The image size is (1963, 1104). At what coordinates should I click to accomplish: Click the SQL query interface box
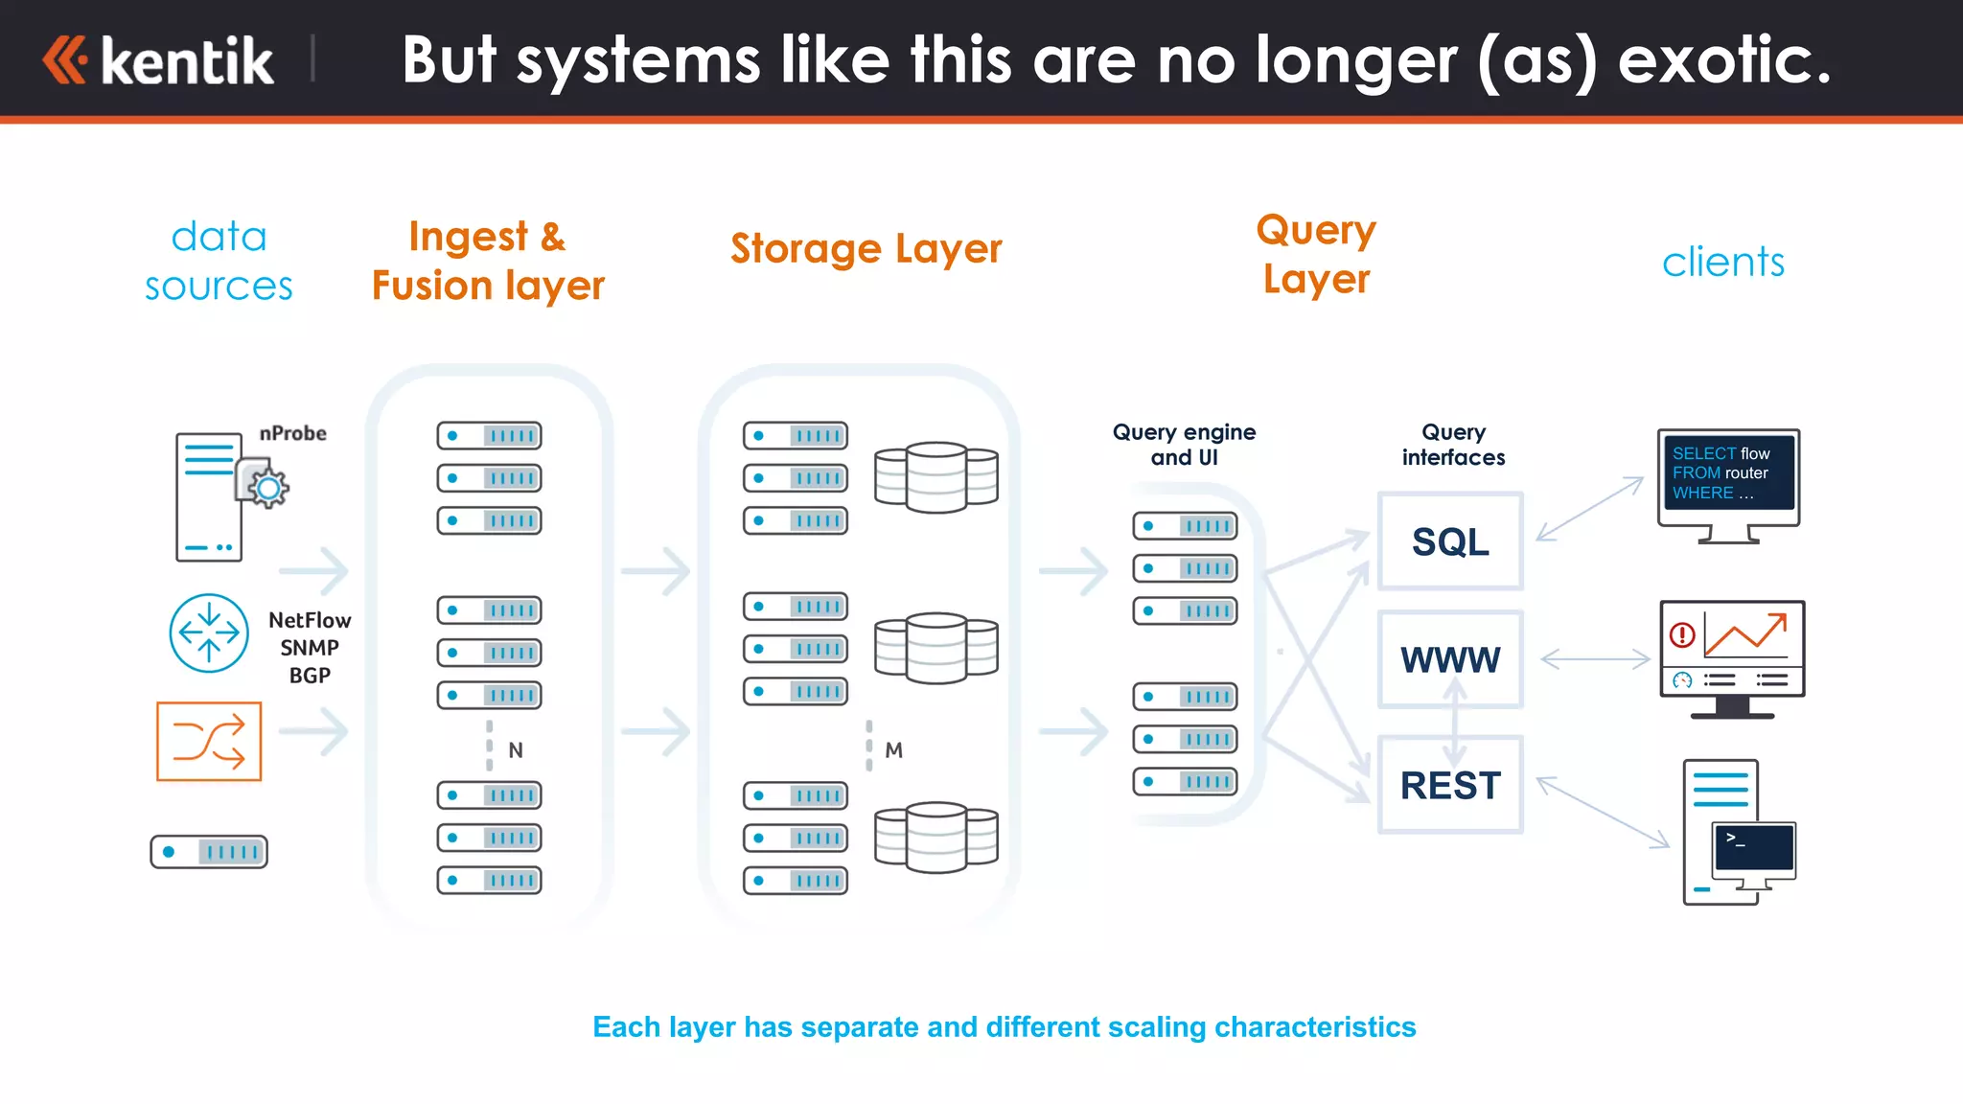[1449, 541]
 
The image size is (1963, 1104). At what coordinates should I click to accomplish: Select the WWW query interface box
[1449, 659]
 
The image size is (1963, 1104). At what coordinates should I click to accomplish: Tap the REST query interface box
[1449, 785]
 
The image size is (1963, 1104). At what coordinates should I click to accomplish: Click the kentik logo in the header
[159, 60]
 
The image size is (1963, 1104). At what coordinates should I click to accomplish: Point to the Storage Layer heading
[866, 248]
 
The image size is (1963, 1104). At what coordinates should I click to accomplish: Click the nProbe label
[292, 433]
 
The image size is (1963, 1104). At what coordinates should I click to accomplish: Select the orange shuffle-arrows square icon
[209, 741]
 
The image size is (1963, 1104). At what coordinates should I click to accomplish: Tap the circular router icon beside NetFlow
[209, 632]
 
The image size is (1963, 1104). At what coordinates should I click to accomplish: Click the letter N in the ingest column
[516, 750]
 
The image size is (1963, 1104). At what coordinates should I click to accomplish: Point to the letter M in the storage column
[893, 750]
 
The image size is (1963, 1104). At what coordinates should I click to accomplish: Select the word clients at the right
[1722, 262]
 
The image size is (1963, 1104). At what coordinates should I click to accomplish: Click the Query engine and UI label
[1184, 445]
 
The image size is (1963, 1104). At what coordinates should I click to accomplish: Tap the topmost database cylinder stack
[935, 476]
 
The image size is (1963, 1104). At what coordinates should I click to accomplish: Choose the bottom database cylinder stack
[935, 837]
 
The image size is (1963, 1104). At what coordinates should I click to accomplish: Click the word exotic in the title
[1724, 59]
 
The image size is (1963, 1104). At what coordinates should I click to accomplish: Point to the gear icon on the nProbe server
[267, 488]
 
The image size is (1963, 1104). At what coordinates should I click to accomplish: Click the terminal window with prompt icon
[1753, 847]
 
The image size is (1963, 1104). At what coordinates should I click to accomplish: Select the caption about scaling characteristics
[1004, 1026]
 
